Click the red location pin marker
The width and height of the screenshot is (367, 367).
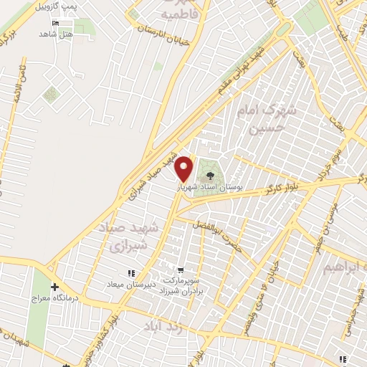[184, 168]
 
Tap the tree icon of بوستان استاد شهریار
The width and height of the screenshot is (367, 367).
[210, 174]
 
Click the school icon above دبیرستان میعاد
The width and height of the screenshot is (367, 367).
[130, 273]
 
